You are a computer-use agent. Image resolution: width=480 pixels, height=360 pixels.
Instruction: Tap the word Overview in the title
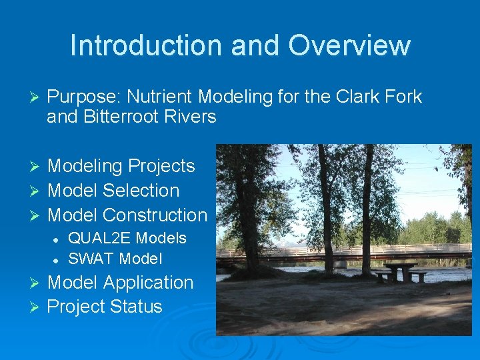tap(349, 45)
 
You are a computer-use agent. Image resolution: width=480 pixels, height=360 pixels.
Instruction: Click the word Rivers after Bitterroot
tap(192, 117)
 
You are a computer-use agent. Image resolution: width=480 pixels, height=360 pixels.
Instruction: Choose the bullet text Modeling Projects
tap(121, 166)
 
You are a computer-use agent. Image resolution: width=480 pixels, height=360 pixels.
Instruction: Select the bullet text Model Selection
tap(113, 191)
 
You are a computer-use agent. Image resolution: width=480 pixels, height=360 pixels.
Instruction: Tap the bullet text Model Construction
tap(127, 215)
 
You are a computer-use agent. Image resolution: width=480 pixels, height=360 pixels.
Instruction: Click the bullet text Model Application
tap(120, 283)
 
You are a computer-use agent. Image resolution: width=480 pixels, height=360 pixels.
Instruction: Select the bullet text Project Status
tap(105, 307)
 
